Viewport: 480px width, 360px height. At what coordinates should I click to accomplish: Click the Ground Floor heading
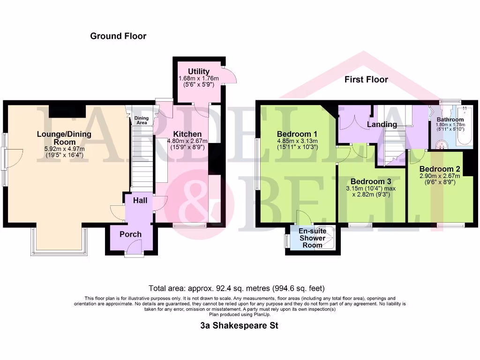point(118,36)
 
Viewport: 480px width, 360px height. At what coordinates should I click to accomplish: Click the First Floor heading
point(366,80)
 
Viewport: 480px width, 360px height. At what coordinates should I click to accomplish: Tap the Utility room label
point(199,71)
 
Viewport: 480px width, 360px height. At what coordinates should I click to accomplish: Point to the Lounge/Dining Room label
point(64,138)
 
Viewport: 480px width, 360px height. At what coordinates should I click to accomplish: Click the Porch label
point(130,234)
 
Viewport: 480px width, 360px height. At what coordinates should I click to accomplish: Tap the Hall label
point(140,201)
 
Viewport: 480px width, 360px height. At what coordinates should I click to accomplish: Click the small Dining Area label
point(141,120)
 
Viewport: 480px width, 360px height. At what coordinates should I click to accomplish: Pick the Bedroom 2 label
point(439,169)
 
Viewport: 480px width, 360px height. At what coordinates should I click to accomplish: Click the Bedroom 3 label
point(371,181)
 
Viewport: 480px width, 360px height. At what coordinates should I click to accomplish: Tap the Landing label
point(382,124)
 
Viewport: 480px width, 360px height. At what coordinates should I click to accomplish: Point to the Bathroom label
point(450,120)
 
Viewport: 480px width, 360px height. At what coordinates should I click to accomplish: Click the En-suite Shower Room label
point(312,238)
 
